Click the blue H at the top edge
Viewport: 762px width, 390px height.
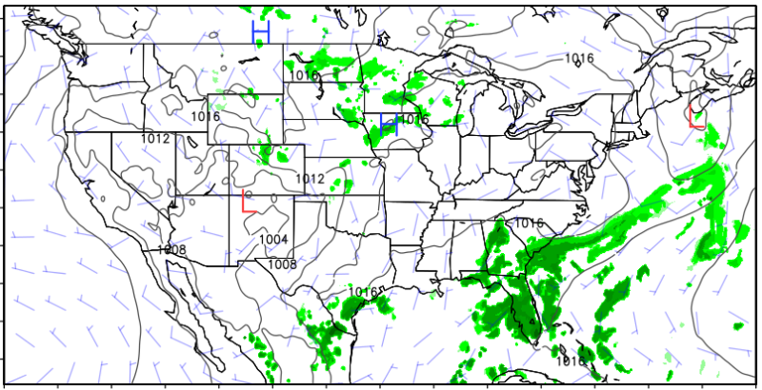coord(261,32)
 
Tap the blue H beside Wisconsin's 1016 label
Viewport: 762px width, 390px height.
coord(388,124)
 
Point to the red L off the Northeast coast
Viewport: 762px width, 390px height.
coord(695,117)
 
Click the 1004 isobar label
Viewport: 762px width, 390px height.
coord(274,239)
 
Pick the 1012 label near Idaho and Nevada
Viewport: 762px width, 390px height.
coord(155,139)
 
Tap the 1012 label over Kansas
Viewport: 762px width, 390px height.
coord(310,179)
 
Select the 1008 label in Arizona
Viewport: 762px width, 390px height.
coord(171,249)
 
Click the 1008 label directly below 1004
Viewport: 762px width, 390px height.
coord(280,264)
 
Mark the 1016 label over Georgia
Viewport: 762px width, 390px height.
coord(529,223)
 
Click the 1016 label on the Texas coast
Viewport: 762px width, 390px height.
coord(363,291)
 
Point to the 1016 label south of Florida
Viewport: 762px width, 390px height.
coord(571,361)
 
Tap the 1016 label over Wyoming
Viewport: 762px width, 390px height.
coord(206,117)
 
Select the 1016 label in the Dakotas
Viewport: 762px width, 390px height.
coord(304,75)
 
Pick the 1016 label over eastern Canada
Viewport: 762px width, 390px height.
coord(578,59)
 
